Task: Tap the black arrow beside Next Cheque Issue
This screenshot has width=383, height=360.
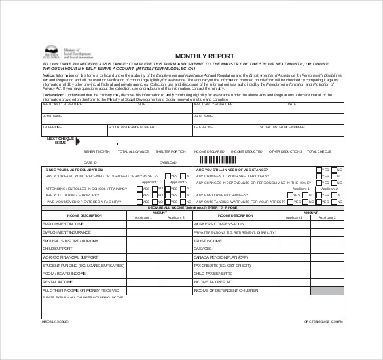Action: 79,141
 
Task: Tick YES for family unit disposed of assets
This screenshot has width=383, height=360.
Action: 168,176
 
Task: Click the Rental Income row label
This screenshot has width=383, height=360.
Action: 56,281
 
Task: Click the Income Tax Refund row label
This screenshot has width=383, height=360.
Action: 213,281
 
